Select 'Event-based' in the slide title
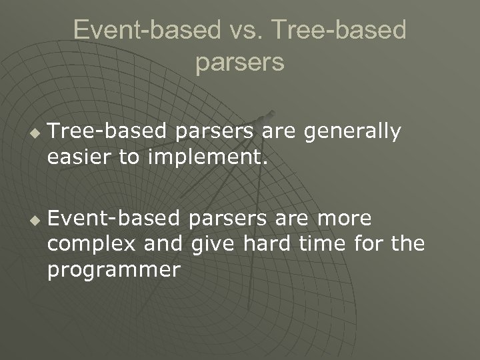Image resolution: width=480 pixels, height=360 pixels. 146,30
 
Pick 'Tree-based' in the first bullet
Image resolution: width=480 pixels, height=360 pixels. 110,132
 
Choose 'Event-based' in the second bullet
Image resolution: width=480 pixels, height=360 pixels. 114,219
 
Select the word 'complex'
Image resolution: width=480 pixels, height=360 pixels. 91,245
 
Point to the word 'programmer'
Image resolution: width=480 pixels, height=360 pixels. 114,270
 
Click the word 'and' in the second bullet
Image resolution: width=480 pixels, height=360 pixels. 163,244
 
